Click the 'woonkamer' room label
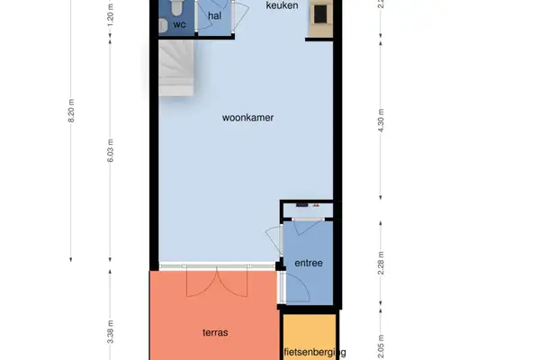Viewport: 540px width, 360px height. [247, 117]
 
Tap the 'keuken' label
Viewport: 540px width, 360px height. [283, 6]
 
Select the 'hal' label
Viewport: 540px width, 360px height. [214, 16]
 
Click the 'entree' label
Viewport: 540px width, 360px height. [309, 263]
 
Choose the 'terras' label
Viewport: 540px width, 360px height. [215, 332]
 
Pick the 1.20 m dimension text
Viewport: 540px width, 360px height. [111, 15]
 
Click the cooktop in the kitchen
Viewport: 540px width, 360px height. [319, 14]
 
